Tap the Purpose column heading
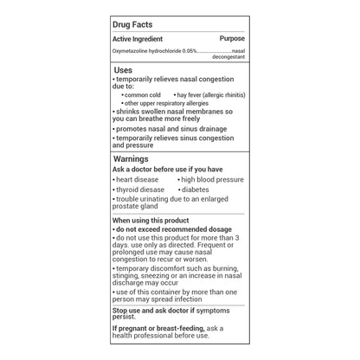(x=232, y=39)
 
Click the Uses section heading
(x=124, y=70)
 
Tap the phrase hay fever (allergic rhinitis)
(x=211, y=94)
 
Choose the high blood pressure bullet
(x=212, y=179)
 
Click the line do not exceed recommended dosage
(x=173, y=228)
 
